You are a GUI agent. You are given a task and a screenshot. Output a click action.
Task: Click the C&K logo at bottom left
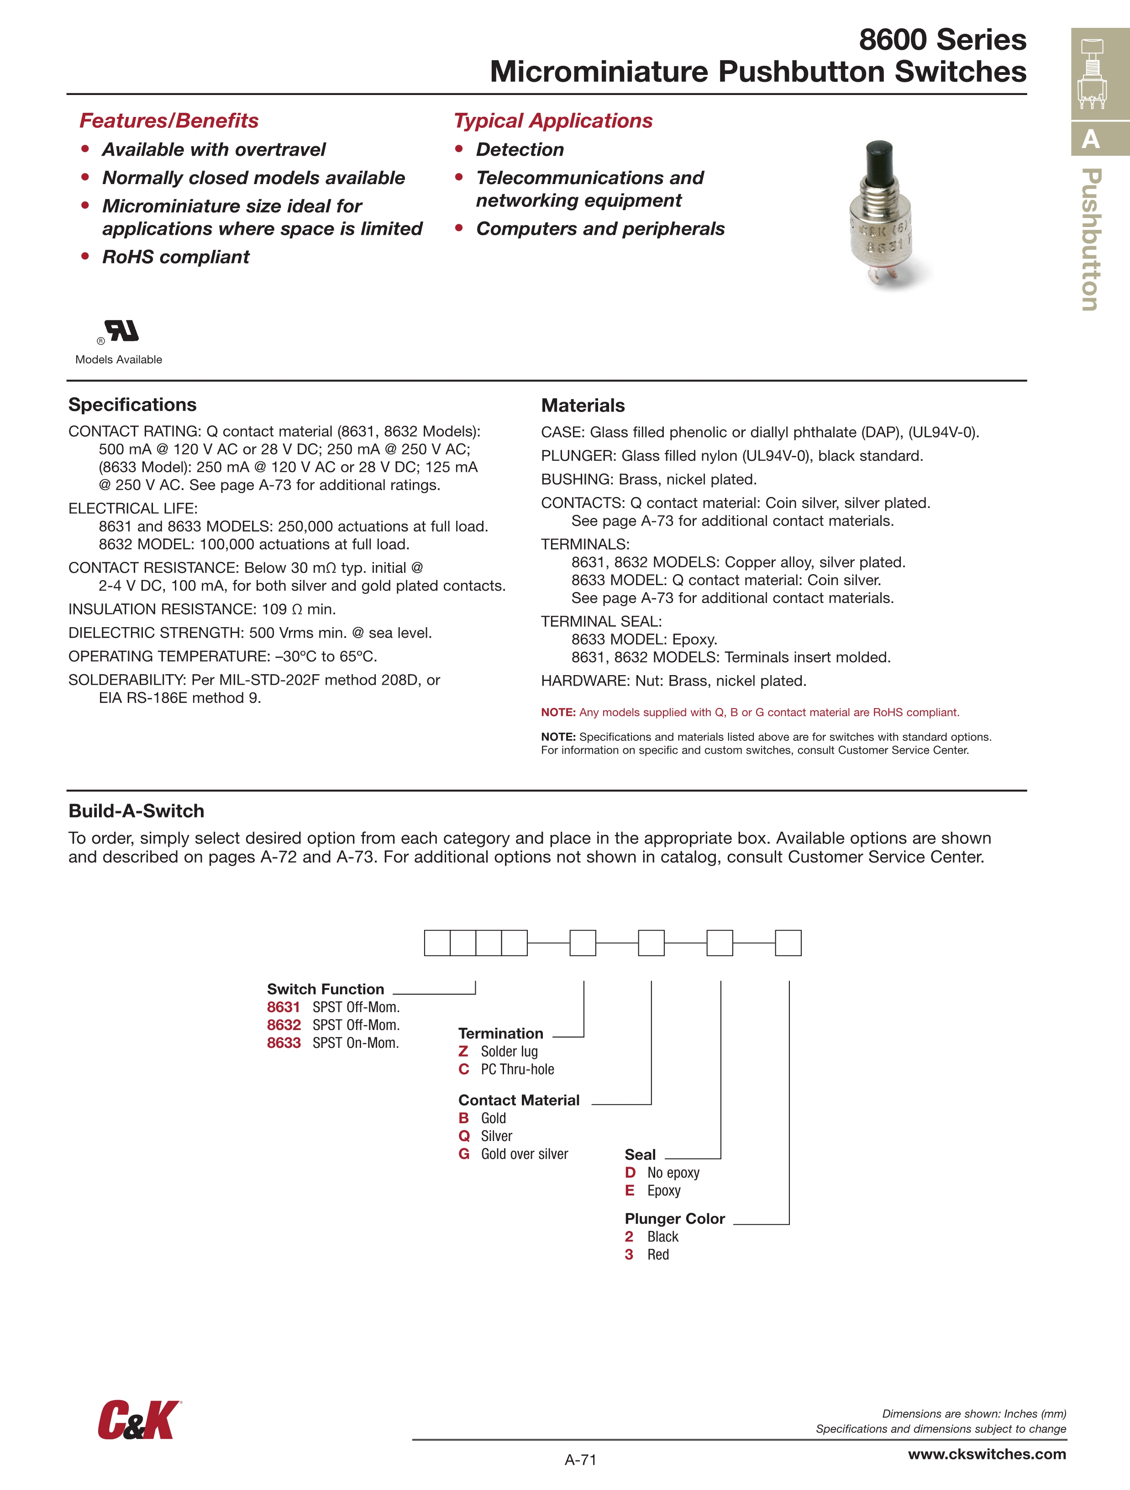(x=139, y=1419)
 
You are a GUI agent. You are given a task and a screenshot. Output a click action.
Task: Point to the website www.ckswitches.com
(x=987, y=1453)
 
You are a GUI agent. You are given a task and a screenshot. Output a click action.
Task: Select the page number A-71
(x=580, y=1460)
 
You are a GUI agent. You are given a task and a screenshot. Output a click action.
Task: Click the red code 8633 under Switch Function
(x=284, y=1043)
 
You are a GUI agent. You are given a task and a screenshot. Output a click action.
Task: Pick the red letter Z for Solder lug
(x=463, y=1051)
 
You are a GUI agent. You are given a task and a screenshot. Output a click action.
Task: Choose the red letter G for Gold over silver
(x=464, y=1154)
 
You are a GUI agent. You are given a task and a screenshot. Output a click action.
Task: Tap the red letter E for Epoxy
(x=630, y=1190)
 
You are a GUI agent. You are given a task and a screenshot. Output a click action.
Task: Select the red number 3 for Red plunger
(x=629, y=1254)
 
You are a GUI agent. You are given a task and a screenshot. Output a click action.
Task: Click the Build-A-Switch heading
(x=136, y=811)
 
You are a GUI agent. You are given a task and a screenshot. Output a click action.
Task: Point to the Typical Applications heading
(x=553, y=121)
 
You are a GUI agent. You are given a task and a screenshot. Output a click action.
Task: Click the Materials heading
(x=583, y=406)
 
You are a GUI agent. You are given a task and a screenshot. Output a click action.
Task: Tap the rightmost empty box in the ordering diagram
(x=788, y=942)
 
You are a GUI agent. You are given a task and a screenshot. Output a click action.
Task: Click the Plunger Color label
(x=675, y=1219)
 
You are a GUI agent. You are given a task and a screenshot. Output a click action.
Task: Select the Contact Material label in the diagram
(x=519, y=1100)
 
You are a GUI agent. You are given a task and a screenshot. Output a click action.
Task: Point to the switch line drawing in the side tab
(x=1092, y=74)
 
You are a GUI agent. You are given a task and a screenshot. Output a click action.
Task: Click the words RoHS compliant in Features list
(x=176, y=257)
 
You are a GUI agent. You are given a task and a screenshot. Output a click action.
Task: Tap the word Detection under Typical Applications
(x=520, y=149)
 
